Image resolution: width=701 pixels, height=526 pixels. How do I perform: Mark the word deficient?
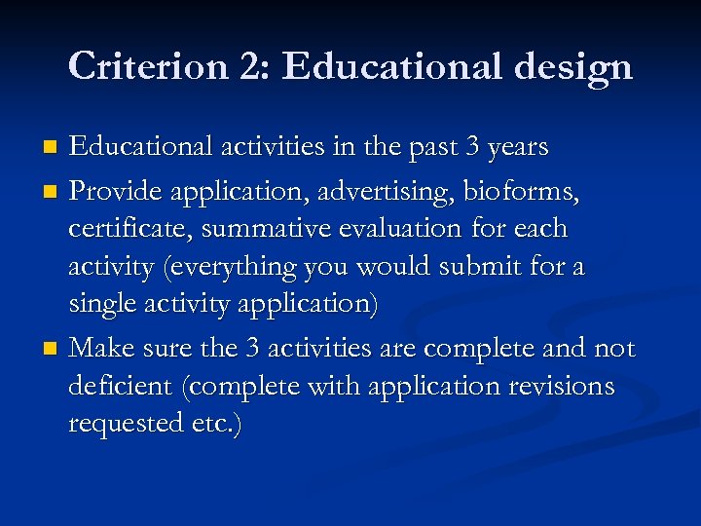tap(123, 387)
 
